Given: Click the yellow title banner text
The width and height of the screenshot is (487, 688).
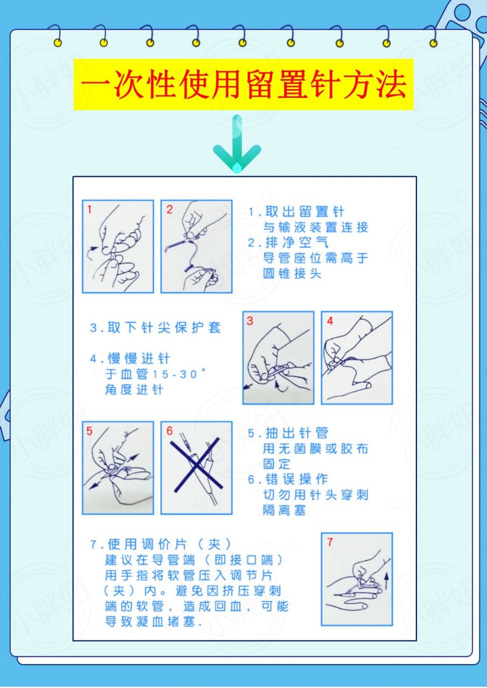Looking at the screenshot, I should [243, 84].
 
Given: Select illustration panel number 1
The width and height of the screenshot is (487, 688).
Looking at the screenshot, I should [118, 246].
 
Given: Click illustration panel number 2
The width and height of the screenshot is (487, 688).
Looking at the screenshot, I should [196, 246].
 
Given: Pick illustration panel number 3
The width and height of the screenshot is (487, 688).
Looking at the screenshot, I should [278, 357].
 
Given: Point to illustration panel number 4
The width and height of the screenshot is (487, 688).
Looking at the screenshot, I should [357, 357].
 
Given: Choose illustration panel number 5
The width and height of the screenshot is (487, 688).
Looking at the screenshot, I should [118, 468].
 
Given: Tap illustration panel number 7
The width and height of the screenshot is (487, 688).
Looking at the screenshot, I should [356, 579].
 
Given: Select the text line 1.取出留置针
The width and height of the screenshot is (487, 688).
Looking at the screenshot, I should [296, 212].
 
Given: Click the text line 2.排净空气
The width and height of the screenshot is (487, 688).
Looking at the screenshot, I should [288, 243].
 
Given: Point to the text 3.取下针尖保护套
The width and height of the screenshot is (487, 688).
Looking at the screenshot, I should [156, 328].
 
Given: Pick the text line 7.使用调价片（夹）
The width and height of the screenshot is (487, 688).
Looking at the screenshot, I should [161, 544].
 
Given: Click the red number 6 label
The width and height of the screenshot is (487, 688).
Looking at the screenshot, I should [170, 431].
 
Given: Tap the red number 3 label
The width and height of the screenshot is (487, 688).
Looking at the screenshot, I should [250, 321].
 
